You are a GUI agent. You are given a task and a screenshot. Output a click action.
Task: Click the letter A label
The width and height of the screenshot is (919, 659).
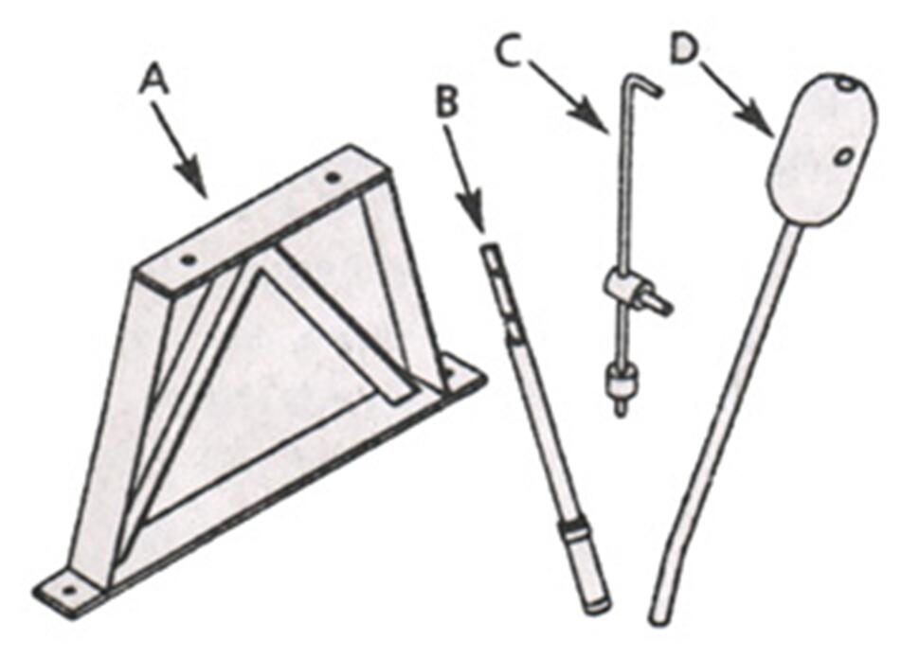coord(154,80)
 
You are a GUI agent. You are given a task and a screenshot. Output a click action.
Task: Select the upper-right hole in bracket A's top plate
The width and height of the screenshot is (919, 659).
coord(333,177)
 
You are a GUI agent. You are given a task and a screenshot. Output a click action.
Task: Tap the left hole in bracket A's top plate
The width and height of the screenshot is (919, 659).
coord(189,258)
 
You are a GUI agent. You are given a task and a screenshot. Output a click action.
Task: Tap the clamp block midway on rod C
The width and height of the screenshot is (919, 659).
coord(621,284)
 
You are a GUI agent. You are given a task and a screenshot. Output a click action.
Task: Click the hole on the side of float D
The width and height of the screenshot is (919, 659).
coord(843,152)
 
